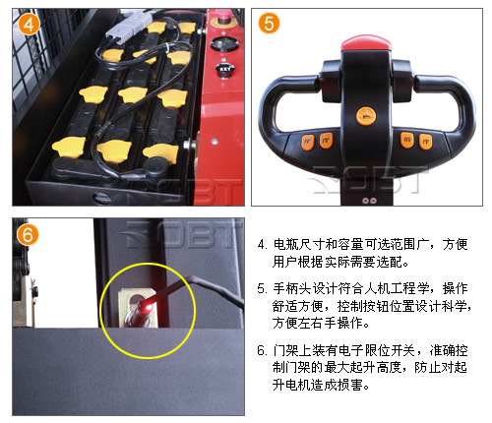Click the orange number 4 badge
click(29, 25)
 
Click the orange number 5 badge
click(269, 24)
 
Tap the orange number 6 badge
click(28, 234)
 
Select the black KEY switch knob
click(224, 71)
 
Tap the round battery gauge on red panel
click(225, 44)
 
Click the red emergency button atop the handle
click(366, 44)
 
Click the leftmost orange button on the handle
click(308, 142)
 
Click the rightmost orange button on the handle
click(425, 142)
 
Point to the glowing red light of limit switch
click(147, 308)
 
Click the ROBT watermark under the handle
click(367, 180)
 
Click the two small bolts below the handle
click(369, 201)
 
